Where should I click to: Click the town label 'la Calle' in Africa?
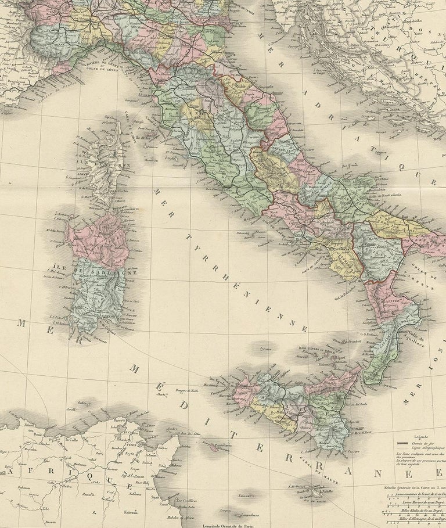click(x=72, y=440)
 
